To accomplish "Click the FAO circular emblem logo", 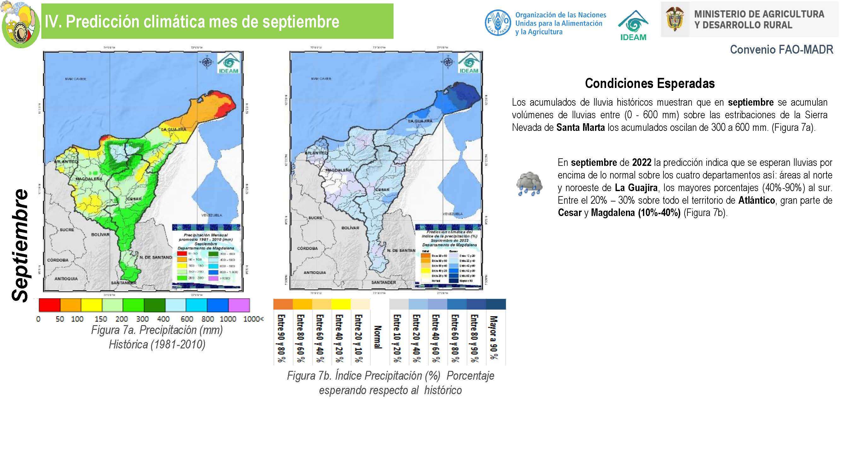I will (x=498, y=22).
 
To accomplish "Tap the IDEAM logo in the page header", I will (x=633, y=26).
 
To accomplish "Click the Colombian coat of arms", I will (x=675, y=19).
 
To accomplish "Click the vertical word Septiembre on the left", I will (x=20, y=245).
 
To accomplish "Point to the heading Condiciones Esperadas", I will (x=650, y=83).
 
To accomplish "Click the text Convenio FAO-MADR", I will (x=781, y=50).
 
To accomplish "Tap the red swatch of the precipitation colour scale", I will (x=49, y=305).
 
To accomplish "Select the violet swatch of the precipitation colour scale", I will (x=239, y=305).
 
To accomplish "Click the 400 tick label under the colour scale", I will (x=163, y=319).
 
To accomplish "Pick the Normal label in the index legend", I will (x=377, y=337).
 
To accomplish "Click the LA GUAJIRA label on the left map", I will (x=174, y=129).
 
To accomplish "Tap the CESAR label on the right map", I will (x=382, y=189).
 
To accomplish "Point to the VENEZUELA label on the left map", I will (x=212, y=215).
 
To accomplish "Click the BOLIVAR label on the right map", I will (x=350, y=228).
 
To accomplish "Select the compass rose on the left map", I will (x=207, y=62).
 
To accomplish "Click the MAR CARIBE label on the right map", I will (x=322, y=79).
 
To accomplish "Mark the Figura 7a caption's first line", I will (x=157, y=330).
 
